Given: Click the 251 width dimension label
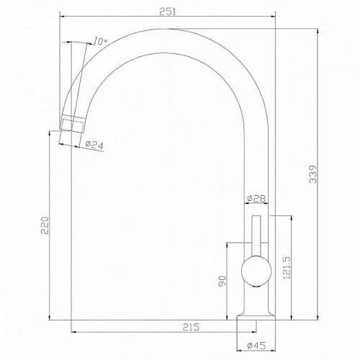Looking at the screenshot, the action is [x=168, y=12].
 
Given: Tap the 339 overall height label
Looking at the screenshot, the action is [x=312, y=174].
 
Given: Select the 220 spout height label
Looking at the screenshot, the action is [x=45, y=225].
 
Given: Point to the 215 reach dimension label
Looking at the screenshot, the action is [x=191, y=327].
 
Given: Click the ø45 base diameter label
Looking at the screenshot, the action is [x=256, y=346].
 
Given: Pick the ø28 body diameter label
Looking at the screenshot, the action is [x=256, y=199].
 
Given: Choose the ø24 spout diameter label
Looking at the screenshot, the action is [x=94, y=145].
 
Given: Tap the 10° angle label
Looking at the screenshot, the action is [x=100, y=41].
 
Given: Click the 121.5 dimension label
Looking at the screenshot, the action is [x=287, y=268].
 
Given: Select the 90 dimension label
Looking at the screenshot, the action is [x=222, y=281].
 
